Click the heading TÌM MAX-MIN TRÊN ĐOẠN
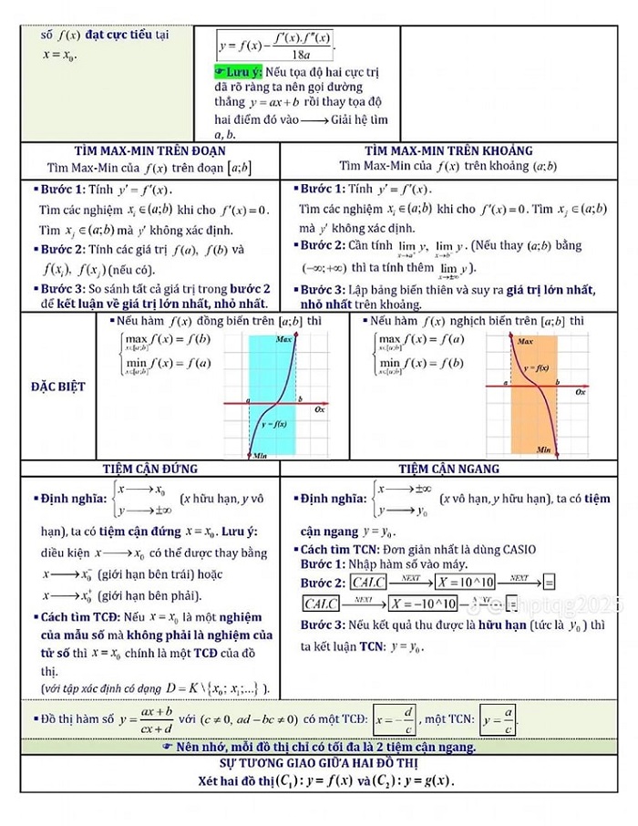[149, 150]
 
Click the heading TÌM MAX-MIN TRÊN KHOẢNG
[448, 150]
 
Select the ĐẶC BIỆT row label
[57, 386]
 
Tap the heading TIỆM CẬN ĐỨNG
[149, 469]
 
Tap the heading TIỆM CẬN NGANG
[448, 469]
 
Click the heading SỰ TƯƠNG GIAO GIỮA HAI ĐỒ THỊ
[319, 761]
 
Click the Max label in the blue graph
[285, 339]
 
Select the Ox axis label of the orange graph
[581, 391]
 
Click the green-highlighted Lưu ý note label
[238, 71]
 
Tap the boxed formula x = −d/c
[396, 718]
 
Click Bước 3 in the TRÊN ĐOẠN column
[62, 288]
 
